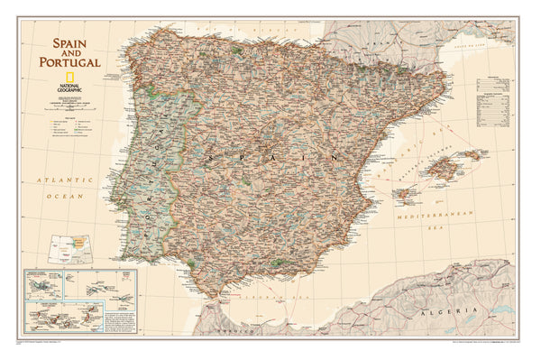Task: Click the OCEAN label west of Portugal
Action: pyautogui.click(x=66, y=196)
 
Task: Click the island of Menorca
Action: pyautogui.click(x=471, y=154)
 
